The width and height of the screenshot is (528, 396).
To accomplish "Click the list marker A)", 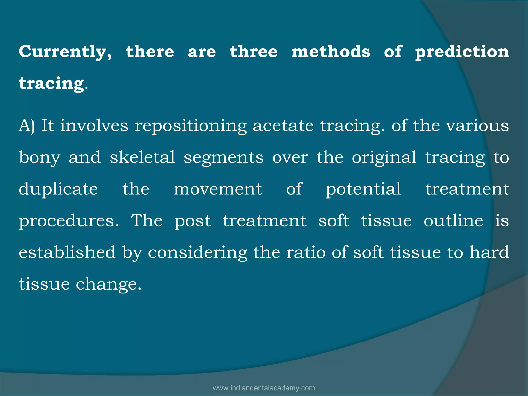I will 27,126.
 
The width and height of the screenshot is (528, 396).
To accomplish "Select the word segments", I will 224,158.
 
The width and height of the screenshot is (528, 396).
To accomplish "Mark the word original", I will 384,158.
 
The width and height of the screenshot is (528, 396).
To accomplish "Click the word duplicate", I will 58,189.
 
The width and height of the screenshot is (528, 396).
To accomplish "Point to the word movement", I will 218,189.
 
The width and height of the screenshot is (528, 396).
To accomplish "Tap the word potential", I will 363,189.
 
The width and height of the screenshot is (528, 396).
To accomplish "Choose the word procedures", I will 69,221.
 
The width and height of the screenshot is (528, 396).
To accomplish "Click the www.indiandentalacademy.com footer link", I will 264,388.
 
